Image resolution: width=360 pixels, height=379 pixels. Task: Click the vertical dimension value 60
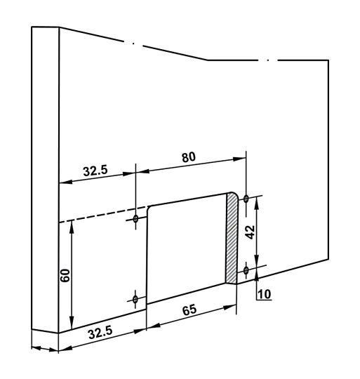coord(65,274)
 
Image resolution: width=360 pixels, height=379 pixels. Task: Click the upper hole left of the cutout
coord(136,220)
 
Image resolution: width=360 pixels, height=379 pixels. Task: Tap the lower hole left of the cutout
coord(136,300)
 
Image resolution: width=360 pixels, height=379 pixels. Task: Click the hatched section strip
coord(231,239)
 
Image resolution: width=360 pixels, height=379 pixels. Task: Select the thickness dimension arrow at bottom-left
coord(45,348)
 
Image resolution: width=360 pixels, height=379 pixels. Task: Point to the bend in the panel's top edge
coord(207,60)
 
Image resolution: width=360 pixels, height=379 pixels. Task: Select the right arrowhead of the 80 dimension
coord(243,158)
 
